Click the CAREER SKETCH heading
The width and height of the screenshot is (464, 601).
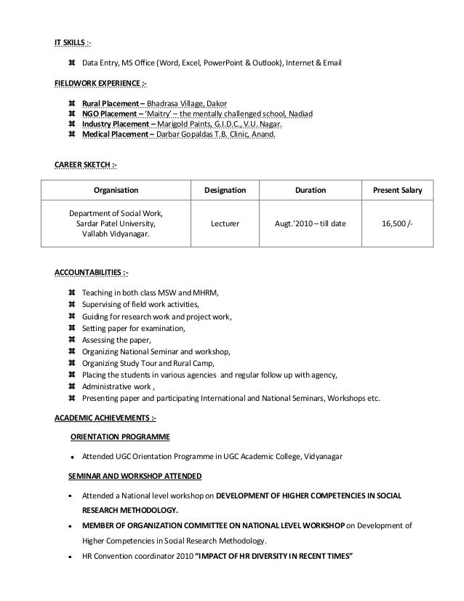coord(84,166)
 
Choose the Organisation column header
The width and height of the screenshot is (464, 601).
coord(116,191)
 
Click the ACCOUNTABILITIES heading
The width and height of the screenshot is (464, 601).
coord(92,273)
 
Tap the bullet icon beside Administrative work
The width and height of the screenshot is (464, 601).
coord(71,386)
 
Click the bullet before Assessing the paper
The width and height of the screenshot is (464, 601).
coord(71,340)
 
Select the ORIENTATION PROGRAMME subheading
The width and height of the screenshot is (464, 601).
coord(120,437)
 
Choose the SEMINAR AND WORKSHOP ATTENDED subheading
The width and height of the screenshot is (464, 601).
coord(135,476)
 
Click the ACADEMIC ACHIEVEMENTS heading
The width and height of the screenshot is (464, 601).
coord(105,418)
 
